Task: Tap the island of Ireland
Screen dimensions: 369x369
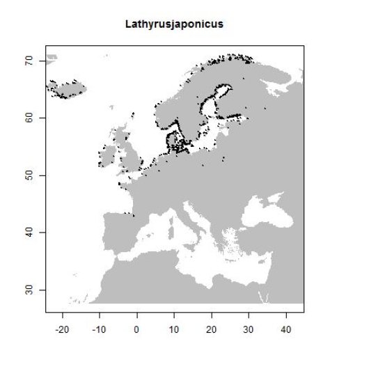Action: [x=106, y=157]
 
